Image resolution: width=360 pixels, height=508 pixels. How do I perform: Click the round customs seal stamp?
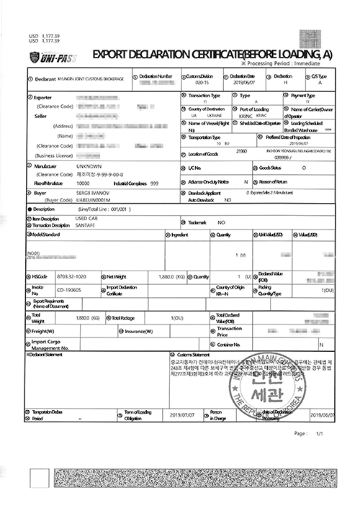pos(264,387)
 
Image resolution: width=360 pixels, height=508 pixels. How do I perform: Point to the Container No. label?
pos(235,345)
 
